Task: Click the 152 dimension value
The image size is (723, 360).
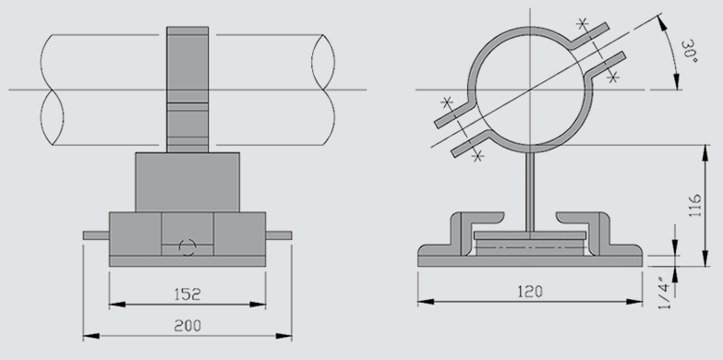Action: click(187, 294)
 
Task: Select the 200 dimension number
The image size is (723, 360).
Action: click(187, 326)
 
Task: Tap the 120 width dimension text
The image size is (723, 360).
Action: click(530, 292)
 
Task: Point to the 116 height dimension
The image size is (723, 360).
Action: click(694, 206)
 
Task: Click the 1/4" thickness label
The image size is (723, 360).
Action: click(664, 294)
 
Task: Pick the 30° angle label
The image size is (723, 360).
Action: click(690, 52)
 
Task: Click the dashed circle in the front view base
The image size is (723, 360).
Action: click(187, 247)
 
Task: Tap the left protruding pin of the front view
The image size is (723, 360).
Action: click(96, 235)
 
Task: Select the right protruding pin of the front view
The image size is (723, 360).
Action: click(279, 235)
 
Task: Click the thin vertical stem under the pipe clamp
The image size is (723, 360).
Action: click(530, 192)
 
